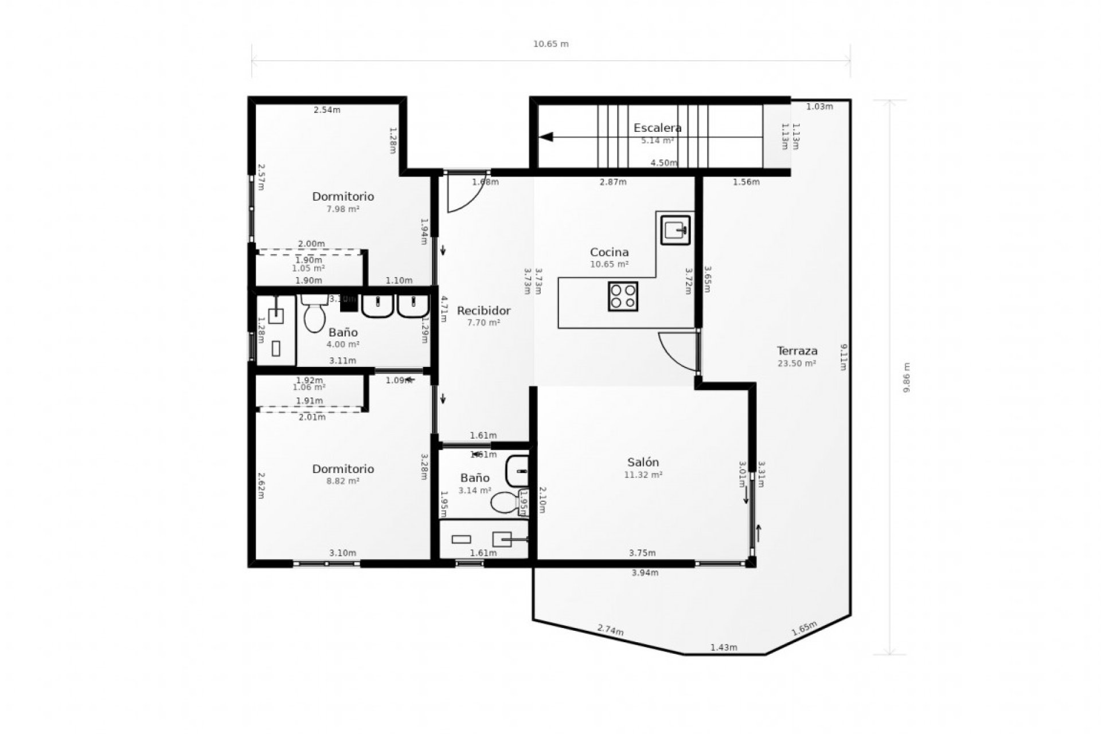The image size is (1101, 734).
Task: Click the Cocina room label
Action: [609, 252]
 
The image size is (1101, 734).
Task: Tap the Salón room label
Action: [643, 462]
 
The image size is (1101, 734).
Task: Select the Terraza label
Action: [797, 351]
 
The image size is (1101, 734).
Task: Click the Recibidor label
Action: [483, 311]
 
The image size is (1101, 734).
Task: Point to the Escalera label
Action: [657, 128]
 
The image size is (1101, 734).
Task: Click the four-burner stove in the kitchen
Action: [623, 296]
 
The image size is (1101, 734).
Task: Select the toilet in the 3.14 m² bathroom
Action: [503, 503]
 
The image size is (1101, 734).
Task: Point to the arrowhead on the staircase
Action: [546, 137]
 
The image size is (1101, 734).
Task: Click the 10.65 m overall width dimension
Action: [550, 44]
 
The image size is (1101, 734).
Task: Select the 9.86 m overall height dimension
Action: [907, 377]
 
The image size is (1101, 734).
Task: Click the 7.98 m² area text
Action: [342, 209]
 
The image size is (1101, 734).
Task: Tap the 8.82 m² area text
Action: [342, 481]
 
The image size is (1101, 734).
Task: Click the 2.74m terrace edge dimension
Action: [610, 630]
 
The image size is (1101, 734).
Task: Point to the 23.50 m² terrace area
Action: [797, 364]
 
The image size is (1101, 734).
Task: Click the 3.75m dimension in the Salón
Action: [642, 553]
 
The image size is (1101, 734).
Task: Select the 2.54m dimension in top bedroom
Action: [327, 110]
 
